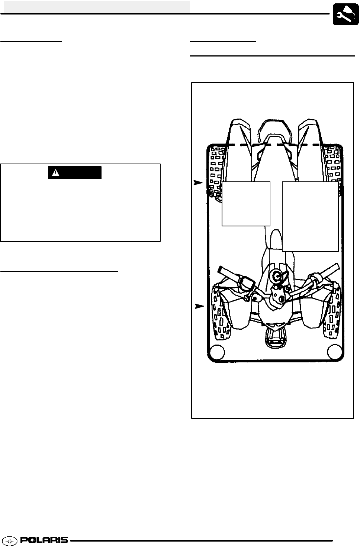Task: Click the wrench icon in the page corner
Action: click(x=345, y=14)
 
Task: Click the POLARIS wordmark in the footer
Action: click(x=44, y=540)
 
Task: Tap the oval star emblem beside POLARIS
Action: click(x=11, y=540)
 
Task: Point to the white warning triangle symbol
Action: click(x=56, y=173)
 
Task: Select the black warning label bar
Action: click(x=74, y=172)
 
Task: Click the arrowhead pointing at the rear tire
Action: click(x=198, y=183)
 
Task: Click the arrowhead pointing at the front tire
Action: click(x=199, y=306)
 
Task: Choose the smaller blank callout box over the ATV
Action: click(x=246, y=204)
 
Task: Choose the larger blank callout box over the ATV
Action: click(x=310, y=216)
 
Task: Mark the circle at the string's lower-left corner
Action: click(x=217, y=352)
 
